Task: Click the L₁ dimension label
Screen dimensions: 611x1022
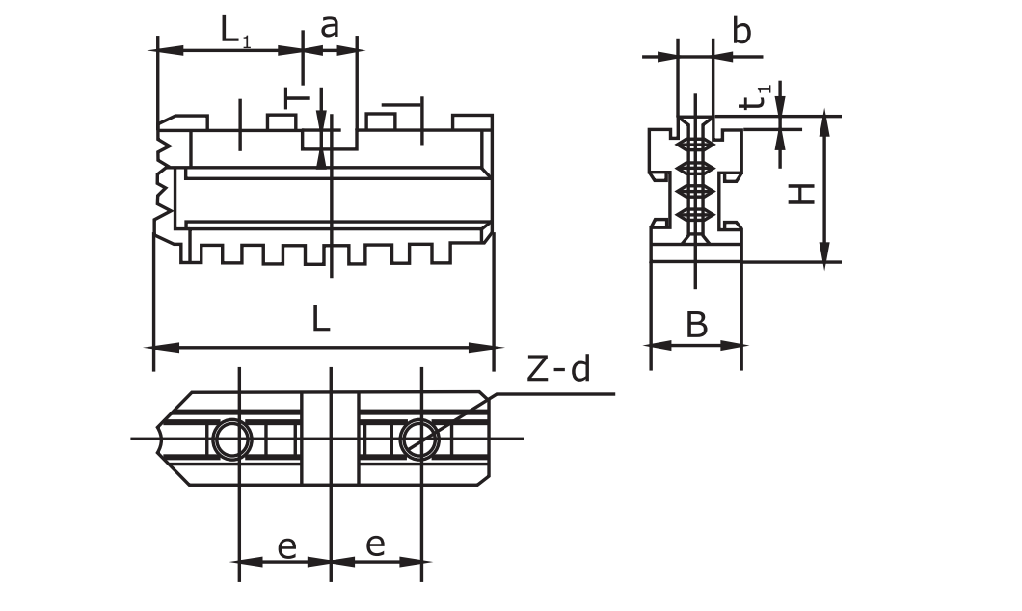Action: pos(233,29)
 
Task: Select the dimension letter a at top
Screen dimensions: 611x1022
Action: pos(330,26)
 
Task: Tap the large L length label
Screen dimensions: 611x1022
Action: pos(321,318)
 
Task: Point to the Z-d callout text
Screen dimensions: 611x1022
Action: pos(558,369)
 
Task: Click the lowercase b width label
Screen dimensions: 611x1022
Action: pos(740,32)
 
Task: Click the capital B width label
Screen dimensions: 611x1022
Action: pos(696,326)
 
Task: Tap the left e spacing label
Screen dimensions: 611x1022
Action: pos(286,546)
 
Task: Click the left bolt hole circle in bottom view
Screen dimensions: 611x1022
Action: pos(231,440)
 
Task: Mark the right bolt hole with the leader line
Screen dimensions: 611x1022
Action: pos(419,440)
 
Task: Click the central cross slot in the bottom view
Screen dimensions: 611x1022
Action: pos(331,438)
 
